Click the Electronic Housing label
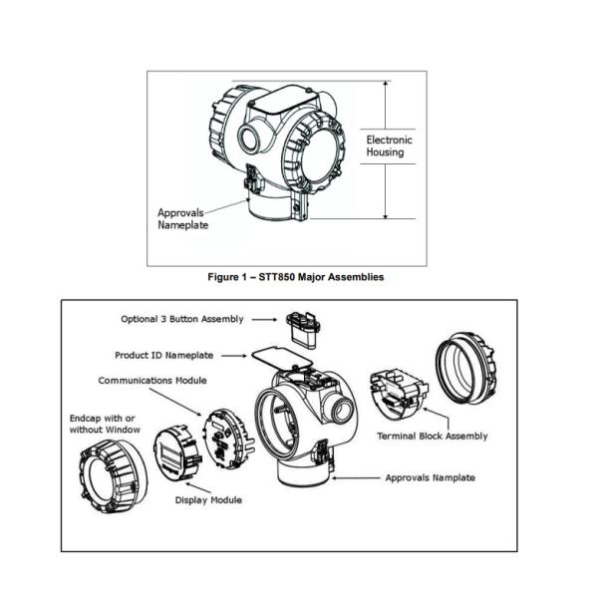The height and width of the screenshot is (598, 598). pos(389,147)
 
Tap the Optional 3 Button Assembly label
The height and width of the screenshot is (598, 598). pos(181,320)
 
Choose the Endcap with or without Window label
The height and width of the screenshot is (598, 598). pos(105,422)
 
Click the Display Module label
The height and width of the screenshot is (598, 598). pos(209,499)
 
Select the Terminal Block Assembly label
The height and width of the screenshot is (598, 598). pos(432,437)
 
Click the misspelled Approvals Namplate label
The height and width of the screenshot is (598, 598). pos(430,477)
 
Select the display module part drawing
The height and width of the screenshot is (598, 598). pos(175,458)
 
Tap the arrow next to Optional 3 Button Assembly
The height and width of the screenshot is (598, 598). pos(261,320)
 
